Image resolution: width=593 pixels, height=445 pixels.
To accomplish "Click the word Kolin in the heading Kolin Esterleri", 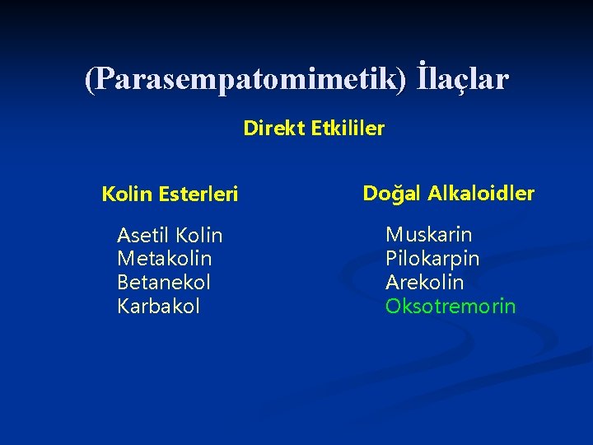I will [123, 194].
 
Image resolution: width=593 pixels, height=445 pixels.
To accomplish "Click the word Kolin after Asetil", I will [198, 236].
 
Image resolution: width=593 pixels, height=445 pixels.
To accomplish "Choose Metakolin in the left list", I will [164, 259].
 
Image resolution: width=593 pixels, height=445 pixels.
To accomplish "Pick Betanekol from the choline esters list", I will [164, 283].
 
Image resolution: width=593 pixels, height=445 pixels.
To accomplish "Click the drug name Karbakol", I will [158, 307].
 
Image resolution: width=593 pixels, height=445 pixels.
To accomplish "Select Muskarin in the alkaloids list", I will [428, 235].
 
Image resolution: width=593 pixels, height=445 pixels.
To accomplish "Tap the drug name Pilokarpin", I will [432, 259].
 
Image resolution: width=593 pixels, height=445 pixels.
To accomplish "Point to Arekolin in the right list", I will [424, 283].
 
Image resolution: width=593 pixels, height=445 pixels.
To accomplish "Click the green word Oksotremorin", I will [451, 307].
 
